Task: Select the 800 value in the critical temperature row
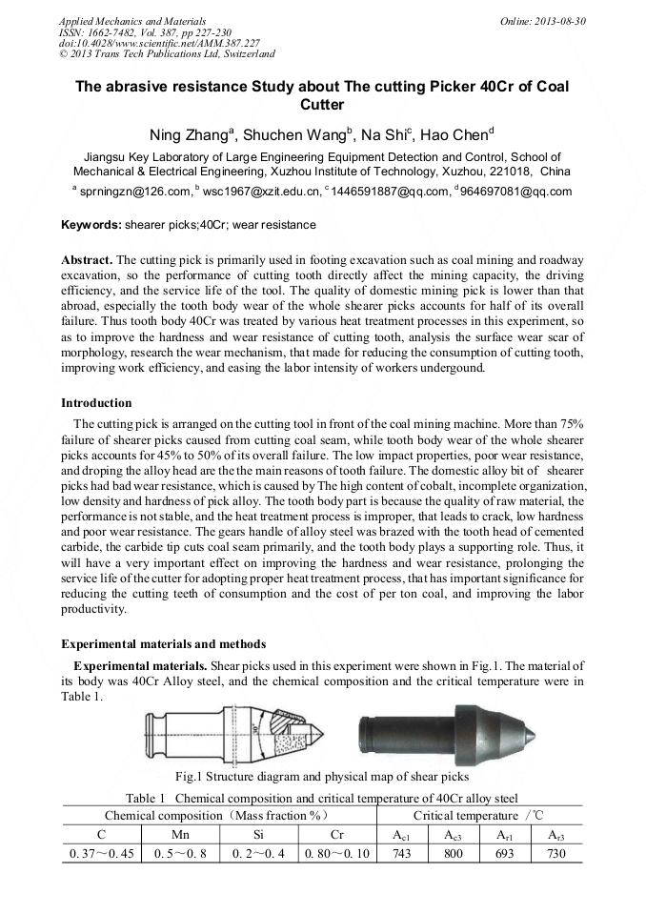pos(454,854)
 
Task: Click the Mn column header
pos(180,835)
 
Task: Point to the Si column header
pos(258,835)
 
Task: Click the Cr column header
pos(337,835)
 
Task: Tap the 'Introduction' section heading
pos(96,403)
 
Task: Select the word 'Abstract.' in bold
pos(87,259)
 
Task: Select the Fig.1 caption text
pos(323,777)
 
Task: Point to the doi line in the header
pos(159,44)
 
